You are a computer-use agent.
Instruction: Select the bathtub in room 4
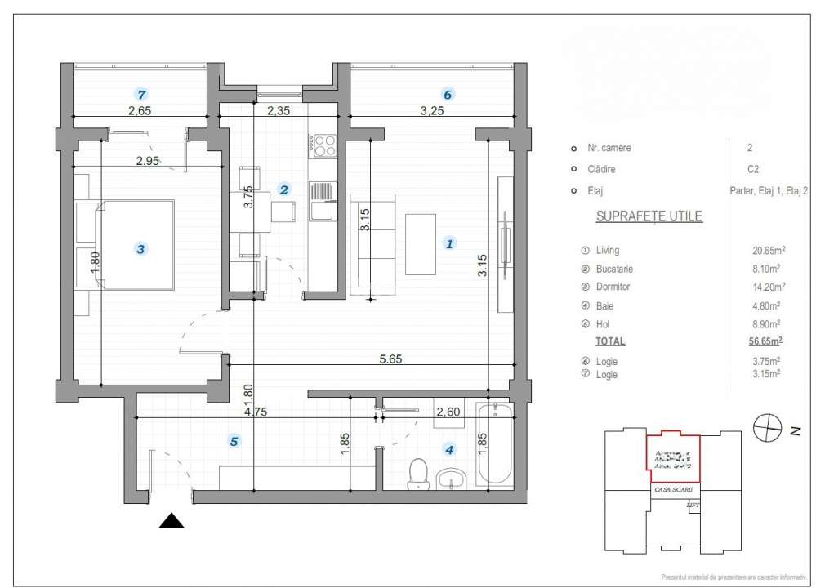494,446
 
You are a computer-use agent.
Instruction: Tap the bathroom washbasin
450,477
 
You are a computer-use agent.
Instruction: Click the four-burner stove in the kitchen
323,146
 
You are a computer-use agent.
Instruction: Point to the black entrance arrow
172,522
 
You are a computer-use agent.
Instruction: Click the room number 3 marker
141,249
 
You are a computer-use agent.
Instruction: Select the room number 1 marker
448,243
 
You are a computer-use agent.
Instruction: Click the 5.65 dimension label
391,358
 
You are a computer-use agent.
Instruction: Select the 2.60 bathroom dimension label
448,412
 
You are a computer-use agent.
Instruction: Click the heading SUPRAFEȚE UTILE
649,216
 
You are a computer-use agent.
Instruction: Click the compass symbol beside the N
765,426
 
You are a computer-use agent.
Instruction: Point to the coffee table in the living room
420,243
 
